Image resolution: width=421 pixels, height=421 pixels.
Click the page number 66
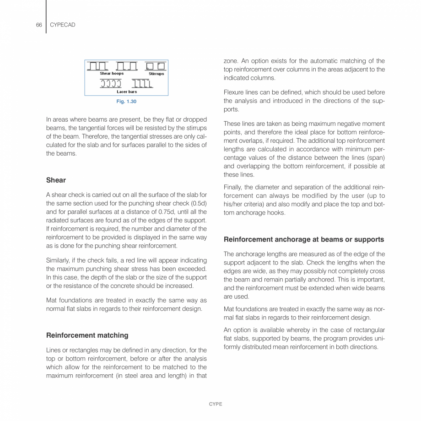[x=39, y=25]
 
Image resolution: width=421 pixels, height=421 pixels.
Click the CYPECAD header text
[x=62, y=25]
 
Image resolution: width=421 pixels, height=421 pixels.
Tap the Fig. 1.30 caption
[x=126, y=102]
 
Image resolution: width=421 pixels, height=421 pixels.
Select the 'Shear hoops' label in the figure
[x=112, y=74]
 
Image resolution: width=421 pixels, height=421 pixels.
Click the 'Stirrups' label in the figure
[x=156, y=74]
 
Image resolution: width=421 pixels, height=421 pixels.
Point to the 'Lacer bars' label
[x=127, y=92]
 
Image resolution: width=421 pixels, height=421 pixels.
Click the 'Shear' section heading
[x=56, y=180]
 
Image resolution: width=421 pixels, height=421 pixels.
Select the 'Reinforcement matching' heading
[x=87, y=335]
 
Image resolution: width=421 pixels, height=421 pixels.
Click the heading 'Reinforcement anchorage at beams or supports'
[x=304, y=239]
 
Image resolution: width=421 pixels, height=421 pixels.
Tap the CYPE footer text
[x=216, y=404]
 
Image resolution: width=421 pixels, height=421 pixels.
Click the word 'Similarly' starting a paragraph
[x=59, y=260]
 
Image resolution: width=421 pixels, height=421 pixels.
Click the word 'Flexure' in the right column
[x=234, y=92]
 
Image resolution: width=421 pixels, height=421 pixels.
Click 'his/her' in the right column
[x=233, y=204]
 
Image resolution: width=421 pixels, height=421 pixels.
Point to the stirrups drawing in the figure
[x=155, y=66]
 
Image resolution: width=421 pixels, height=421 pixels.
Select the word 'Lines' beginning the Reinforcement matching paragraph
[x=54, y=350]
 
